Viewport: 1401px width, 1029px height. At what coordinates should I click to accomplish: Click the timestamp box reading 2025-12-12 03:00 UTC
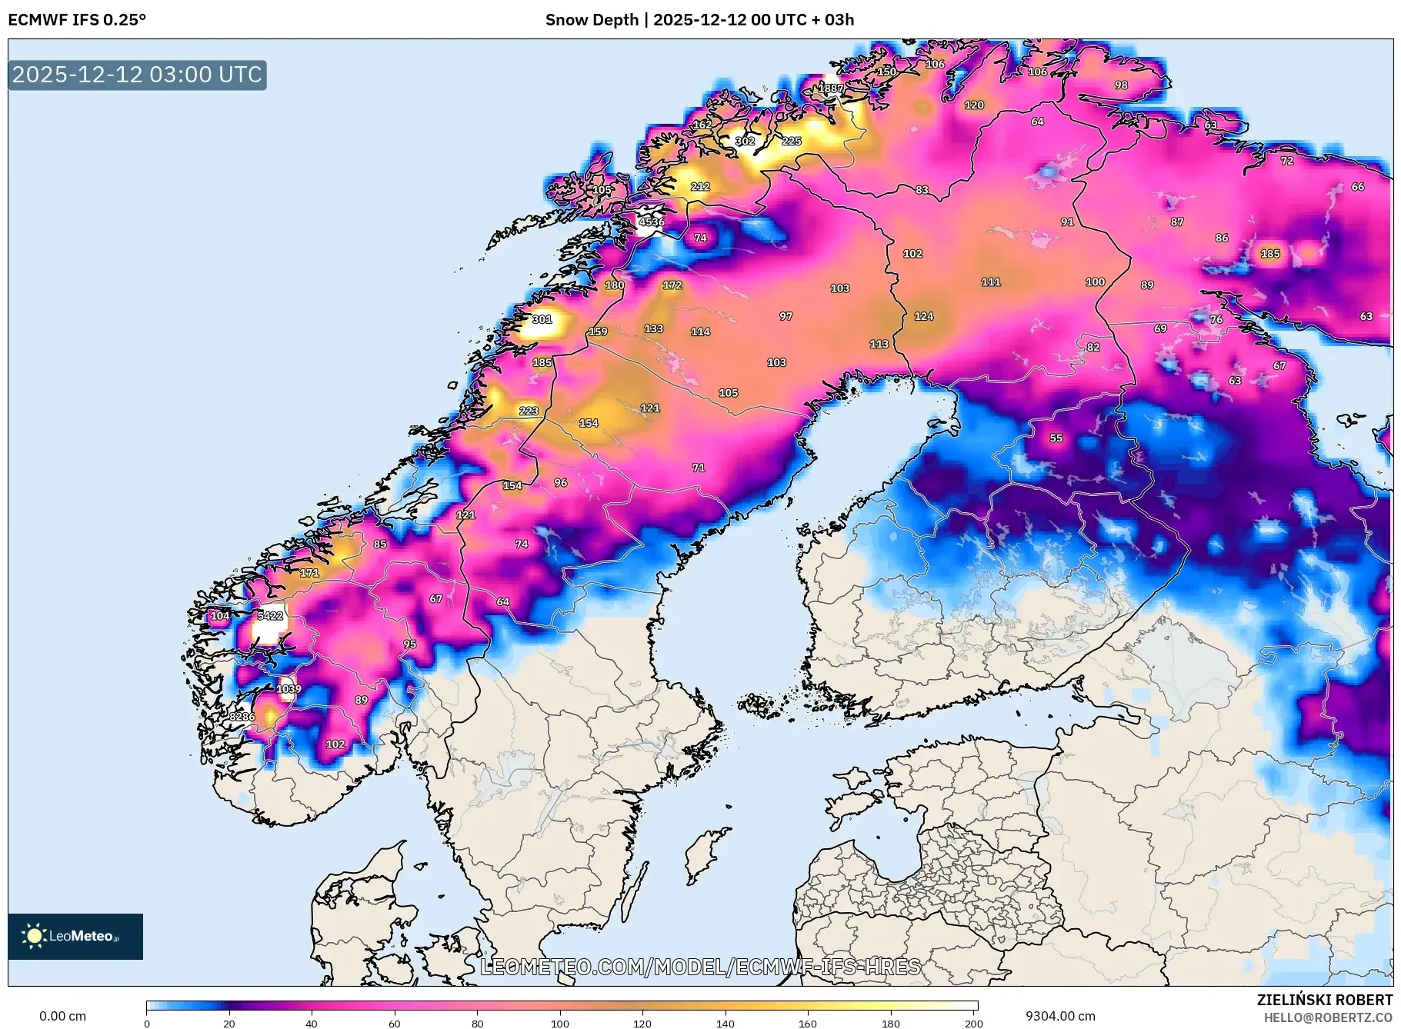[137, 75]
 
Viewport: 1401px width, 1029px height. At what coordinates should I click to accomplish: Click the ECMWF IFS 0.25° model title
[77, 20]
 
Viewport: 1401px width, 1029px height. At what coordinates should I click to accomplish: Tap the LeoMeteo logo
[75, 936]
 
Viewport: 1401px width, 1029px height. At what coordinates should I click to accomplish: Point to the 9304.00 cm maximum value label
[1059, 1016]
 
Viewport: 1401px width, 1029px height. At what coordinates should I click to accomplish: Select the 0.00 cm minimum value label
[62, 1016]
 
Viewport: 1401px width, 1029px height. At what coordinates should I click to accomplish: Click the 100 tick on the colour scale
[560, 1023]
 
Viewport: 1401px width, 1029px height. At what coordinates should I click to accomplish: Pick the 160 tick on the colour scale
[808, 1023]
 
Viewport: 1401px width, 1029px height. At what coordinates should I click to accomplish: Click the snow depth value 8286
[242, 717]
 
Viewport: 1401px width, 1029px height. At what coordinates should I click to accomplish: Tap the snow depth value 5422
[270, 615]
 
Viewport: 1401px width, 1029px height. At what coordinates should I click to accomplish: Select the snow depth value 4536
[651, 221]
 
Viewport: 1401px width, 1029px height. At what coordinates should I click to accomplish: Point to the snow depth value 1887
[830, 88]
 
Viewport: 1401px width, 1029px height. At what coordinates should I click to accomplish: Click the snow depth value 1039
[289, 688]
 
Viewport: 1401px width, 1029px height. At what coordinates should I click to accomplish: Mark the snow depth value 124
[923, 316]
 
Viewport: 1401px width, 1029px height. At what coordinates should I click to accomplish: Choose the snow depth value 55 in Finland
[1056, 438]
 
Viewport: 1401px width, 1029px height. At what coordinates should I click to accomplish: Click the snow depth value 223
[529, 411]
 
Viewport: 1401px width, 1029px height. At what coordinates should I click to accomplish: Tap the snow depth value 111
[990, 282]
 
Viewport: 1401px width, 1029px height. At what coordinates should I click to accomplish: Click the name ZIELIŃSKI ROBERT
[1324, 1000]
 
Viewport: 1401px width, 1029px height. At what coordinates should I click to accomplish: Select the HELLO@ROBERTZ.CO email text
[1327, 1017]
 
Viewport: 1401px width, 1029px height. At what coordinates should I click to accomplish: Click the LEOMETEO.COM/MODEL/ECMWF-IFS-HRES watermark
[700, 967]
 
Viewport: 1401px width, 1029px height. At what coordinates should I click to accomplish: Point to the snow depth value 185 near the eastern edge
[1269, 253]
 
